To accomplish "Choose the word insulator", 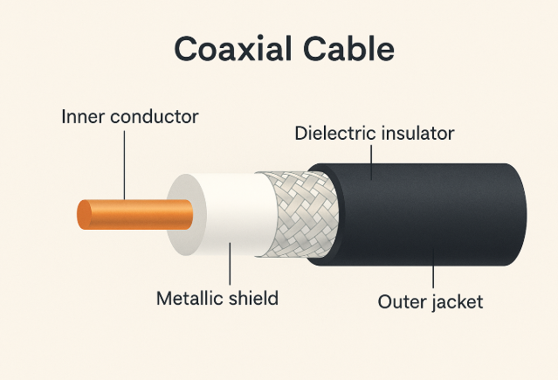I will coord(416,134).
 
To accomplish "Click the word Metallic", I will coord(188,298).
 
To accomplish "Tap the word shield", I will coord(252,298).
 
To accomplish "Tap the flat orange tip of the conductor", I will coord(84,216).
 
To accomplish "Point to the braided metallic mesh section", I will coord(297,214).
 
